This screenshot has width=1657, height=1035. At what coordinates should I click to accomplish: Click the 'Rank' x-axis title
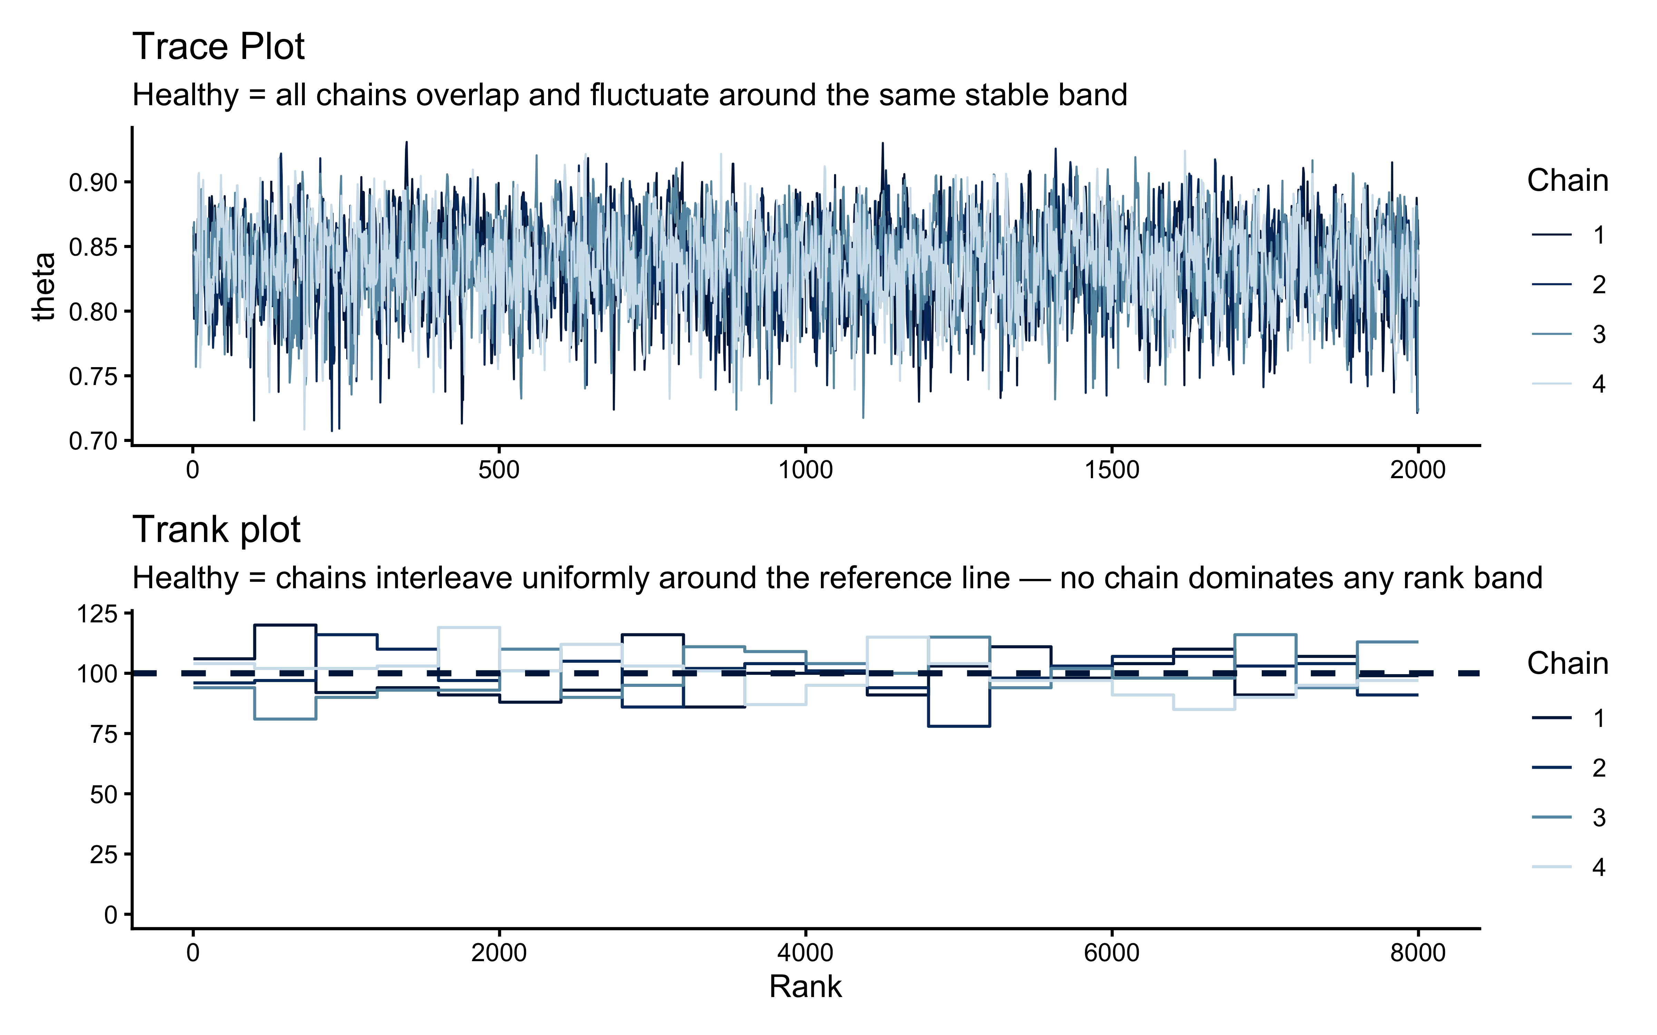[x=805, y=986]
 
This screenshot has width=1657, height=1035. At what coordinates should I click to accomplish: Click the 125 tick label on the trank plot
[x=97, y=614]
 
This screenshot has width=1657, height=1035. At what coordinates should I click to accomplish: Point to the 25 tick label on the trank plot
[x=104, y=854]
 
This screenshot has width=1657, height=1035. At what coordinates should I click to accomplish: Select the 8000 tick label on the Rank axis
[x=1417, y=953]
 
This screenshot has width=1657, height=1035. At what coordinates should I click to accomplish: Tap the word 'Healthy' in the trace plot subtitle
[x=185, y=95]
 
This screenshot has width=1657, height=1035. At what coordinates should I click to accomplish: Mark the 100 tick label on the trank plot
[x=97, y=673]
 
